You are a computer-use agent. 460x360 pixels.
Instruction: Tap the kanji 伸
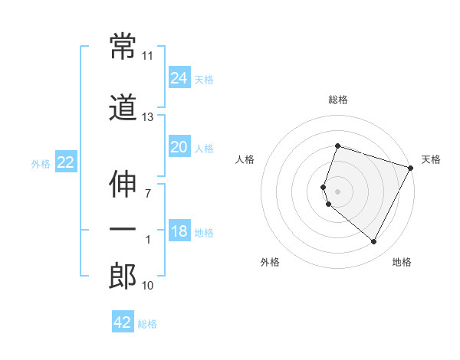pyautogui.click(x=123, y=185)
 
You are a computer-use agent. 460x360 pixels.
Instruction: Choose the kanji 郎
pyautogui.click(x=123, y=277)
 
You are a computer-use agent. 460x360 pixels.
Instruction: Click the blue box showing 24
pyautogui.click(x=179, y=78)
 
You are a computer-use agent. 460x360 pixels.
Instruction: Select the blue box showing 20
pyautogui.click(x=179, y=147)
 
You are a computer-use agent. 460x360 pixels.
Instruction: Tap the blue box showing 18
pyautogui.click(x=179, y=232)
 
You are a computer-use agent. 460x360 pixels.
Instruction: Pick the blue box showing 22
pyautogui.click(x=65, y=162)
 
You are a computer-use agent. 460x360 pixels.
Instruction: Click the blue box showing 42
pyautogui.click(x=123, y=322)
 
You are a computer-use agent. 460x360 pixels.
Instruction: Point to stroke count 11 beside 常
pyautogui.click(x=148, y=56)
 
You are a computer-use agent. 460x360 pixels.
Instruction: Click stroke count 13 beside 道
pyautogui.click(x=148, y=116)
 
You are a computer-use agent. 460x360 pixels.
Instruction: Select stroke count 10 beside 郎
pyautogui.click(x=148, y=286)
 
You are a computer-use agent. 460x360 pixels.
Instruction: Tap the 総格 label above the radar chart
pyautogui.click(x=338, y=100)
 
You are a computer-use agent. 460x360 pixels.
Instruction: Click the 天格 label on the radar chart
pyautogui.click(x=431, y=159)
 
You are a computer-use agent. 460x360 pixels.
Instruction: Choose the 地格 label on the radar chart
pyautogui.click(x=402, y=262)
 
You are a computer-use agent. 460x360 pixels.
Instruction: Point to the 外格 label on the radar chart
pyautogui.click(x=270, y=262)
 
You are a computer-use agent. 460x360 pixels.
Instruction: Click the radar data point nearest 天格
pyautogui.click(x=411, y=167)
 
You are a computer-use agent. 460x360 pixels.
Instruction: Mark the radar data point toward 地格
pyautogui.click(x=374, y=242)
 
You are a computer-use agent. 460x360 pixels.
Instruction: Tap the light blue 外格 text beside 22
pyautogui.click(x=41, y=163)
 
